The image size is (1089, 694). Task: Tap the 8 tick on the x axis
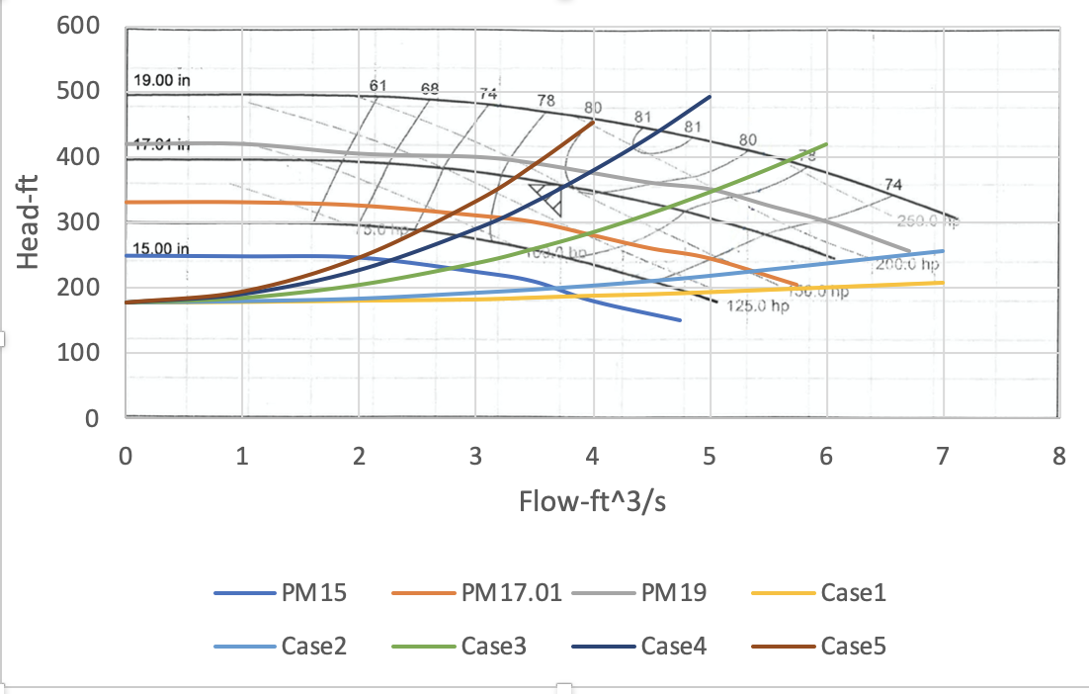(1059, 458)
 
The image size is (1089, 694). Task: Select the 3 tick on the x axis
(476, 458)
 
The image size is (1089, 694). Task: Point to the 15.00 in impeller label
(161, 248)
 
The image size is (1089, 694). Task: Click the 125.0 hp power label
(758, 306)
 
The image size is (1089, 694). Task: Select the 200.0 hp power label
(905, 265)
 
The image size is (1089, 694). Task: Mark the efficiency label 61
(377, 86)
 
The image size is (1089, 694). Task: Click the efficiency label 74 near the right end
(893, 185)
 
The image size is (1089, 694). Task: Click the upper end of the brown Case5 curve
(593, 122)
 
